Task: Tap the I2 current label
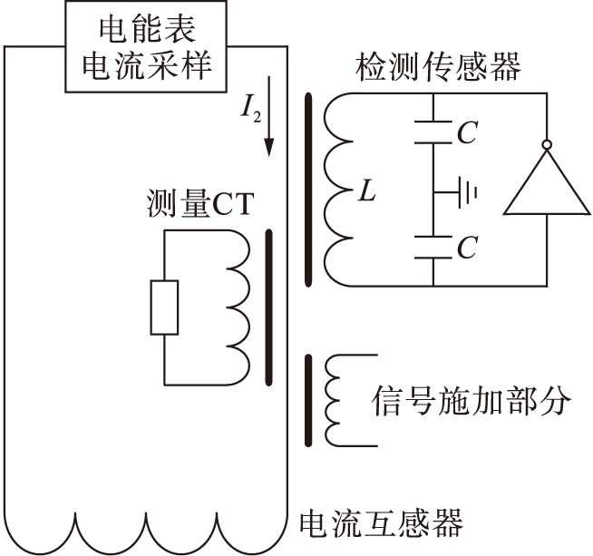249,112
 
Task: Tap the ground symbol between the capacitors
463,192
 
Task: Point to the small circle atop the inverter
547,143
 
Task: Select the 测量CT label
198,206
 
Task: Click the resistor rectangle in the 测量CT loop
164,307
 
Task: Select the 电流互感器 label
381,523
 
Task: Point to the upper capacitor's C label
466,134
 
